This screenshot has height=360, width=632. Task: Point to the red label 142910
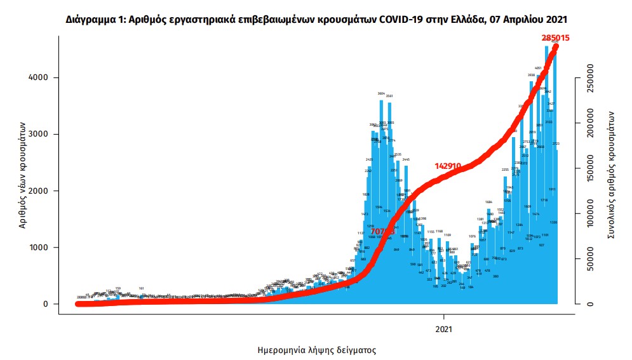point(448,166)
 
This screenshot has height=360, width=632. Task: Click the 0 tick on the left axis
point(45,304)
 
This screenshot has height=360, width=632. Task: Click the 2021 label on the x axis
point(444,329)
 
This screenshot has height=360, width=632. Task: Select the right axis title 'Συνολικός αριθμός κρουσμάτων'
point(611,176)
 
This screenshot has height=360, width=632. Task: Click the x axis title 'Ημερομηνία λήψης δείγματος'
point(317,350)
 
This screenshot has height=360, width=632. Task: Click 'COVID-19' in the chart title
point(400,20)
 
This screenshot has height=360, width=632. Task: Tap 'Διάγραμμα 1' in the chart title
point(95,20)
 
